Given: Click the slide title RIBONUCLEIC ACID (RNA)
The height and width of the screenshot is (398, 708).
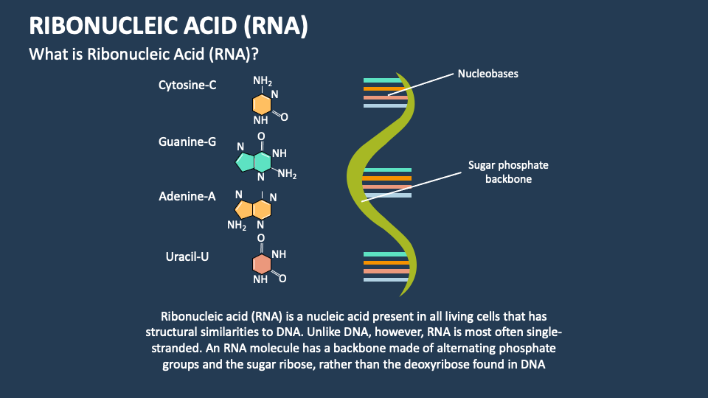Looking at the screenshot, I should coord(168,27).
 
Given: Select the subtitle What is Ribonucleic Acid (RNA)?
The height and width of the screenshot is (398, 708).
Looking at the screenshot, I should coord(147,55).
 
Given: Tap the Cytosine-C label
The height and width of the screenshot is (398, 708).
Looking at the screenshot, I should coord(187,85).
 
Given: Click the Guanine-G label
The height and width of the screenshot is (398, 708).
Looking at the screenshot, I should coord(187,141).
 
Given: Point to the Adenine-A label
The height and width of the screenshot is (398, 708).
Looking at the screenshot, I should coord(187,196).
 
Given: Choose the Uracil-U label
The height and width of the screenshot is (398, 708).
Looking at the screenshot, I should coord(187,256).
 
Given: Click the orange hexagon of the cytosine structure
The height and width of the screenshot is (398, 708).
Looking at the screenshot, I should coord(261,104).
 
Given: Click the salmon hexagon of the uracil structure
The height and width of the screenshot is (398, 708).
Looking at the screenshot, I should coord(261,265).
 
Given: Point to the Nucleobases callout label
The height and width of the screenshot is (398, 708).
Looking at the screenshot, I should coord(487,74).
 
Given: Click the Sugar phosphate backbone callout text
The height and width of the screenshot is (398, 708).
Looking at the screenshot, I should coord(508,172).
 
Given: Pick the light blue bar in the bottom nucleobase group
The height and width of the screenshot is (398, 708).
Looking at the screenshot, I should coord(386,280).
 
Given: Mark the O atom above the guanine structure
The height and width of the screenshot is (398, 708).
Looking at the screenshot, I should coord(261,136).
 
